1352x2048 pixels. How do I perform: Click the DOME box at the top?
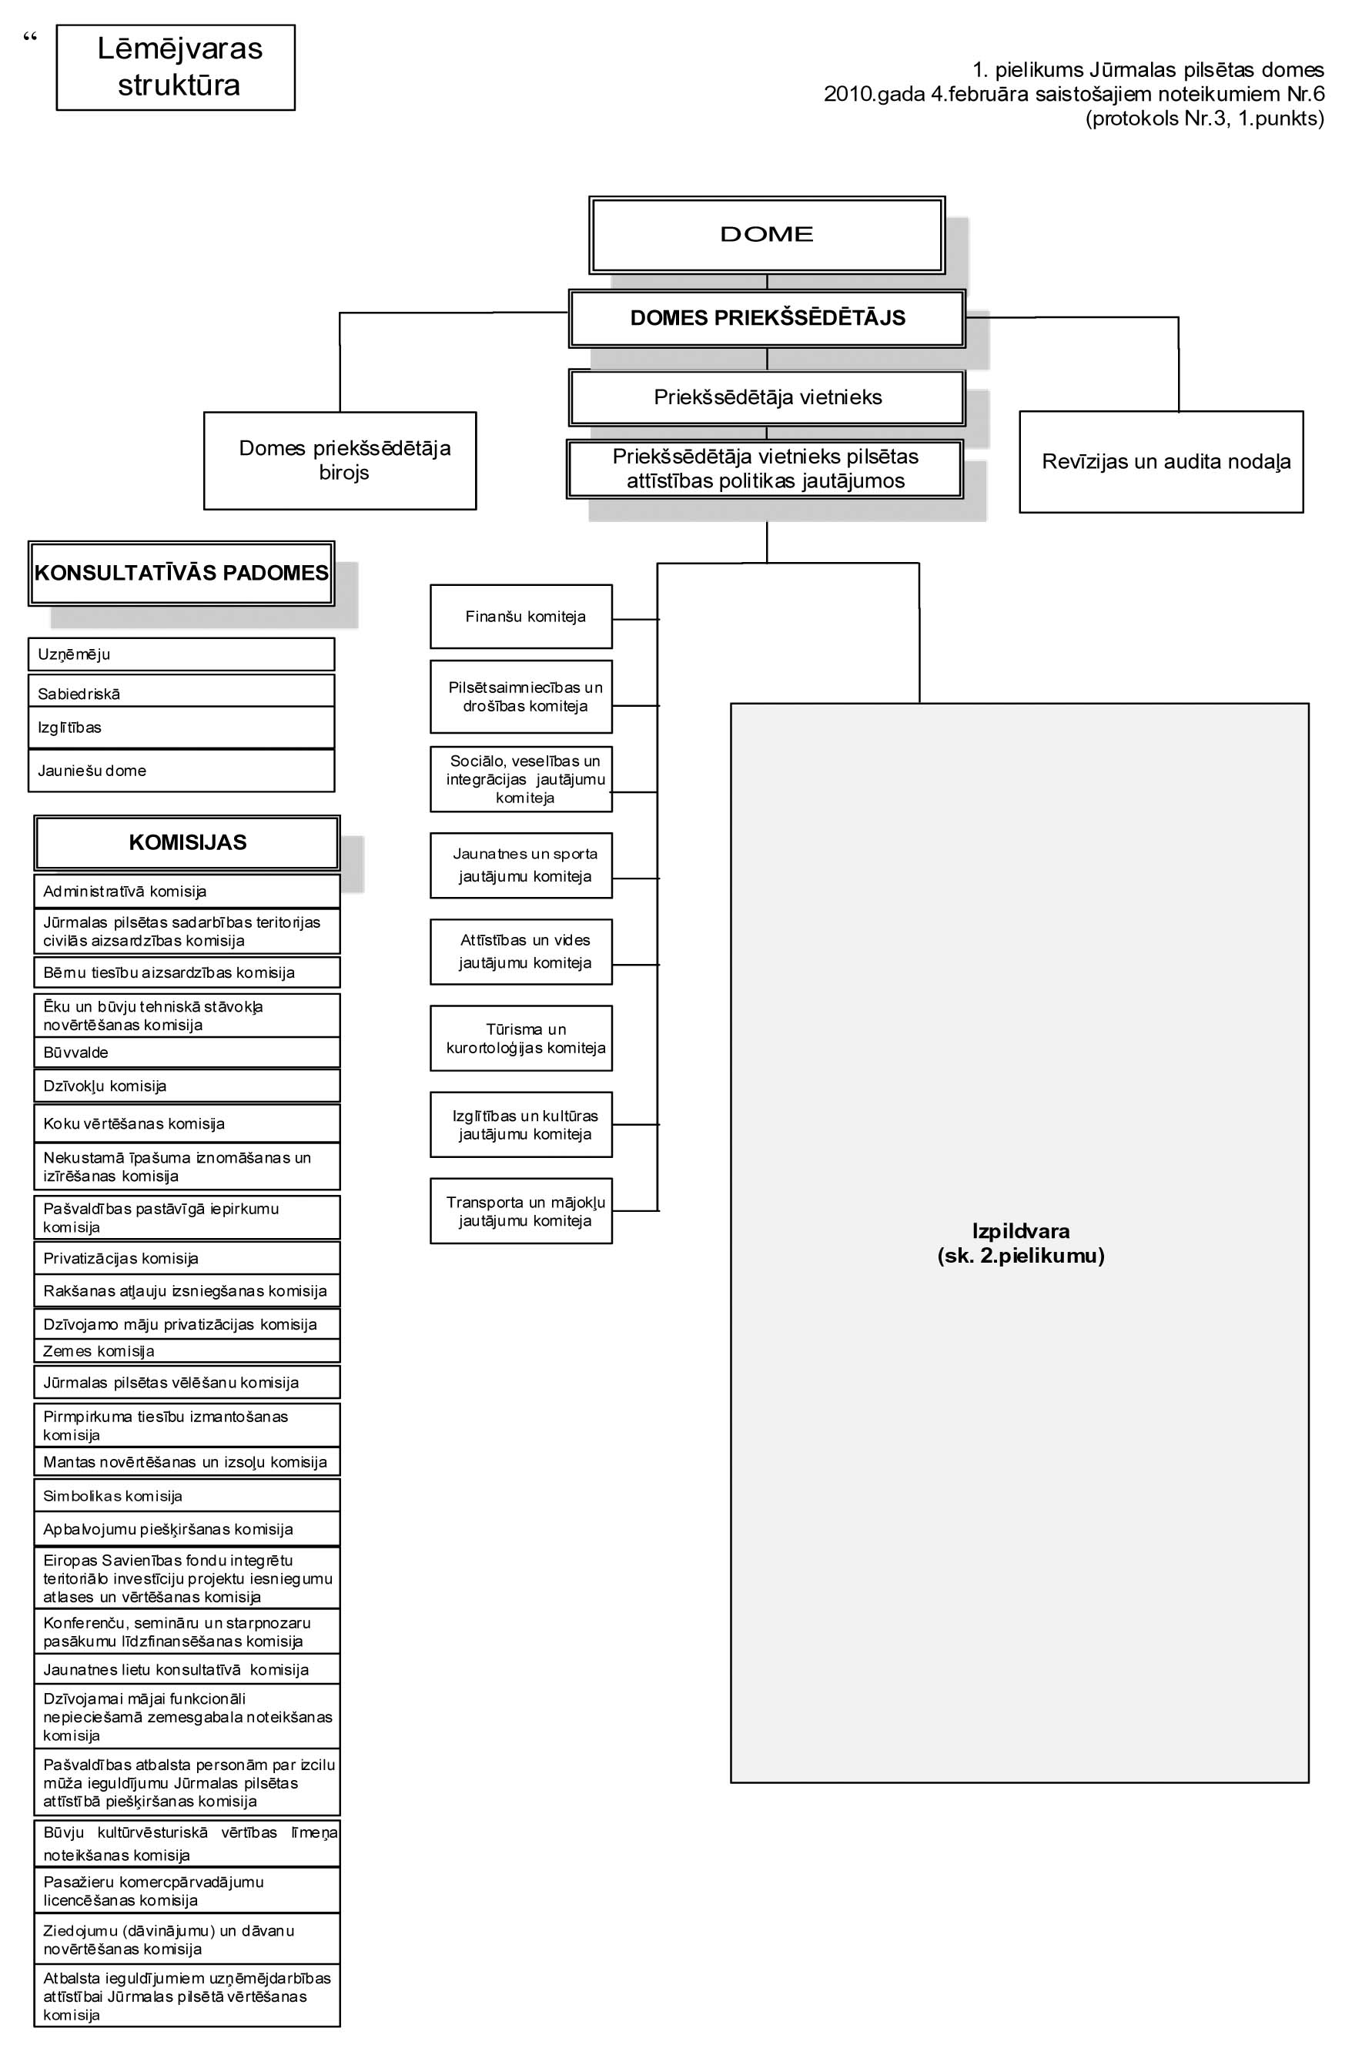click(767, 235)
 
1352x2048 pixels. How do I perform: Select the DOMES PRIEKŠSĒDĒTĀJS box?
click(767, 318)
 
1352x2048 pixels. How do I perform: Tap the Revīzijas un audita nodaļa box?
click(1160, 461)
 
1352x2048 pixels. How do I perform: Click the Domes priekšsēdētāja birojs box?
click(340, 460)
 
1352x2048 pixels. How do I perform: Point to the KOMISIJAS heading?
click(187, 842)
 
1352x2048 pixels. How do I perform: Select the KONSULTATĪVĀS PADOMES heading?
click(181, 574)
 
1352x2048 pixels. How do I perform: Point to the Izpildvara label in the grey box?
click(1020, 1231)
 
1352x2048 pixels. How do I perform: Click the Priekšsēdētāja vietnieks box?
click(767, 397)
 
